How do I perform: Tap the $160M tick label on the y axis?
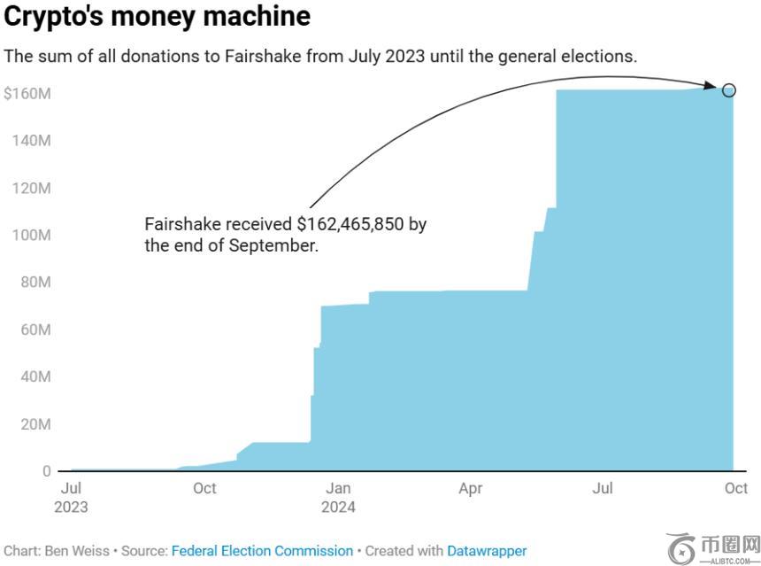[x=27, y=94]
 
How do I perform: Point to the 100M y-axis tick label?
[x=32, y=236]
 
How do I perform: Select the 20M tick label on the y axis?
[x=35, y=424]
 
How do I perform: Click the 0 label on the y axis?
[x=46, y=471]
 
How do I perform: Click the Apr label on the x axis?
[x=471, y=488]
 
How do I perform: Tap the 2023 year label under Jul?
[x=73, y=508]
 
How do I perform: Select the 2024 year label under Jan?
[x=338, y=508]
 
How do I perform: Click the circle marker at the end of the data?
[x=728, y=89]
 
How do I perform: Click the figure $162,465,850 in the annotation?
[x=352, y=224]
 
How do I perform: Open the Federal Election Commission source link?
[x=262, y=551]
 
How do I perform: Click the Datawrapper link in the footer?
[x=487, y=551]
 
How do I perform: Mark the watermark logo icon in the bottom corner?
[x=681, y=548]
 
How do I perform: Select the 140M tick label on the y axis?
[x=32, y=141]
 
